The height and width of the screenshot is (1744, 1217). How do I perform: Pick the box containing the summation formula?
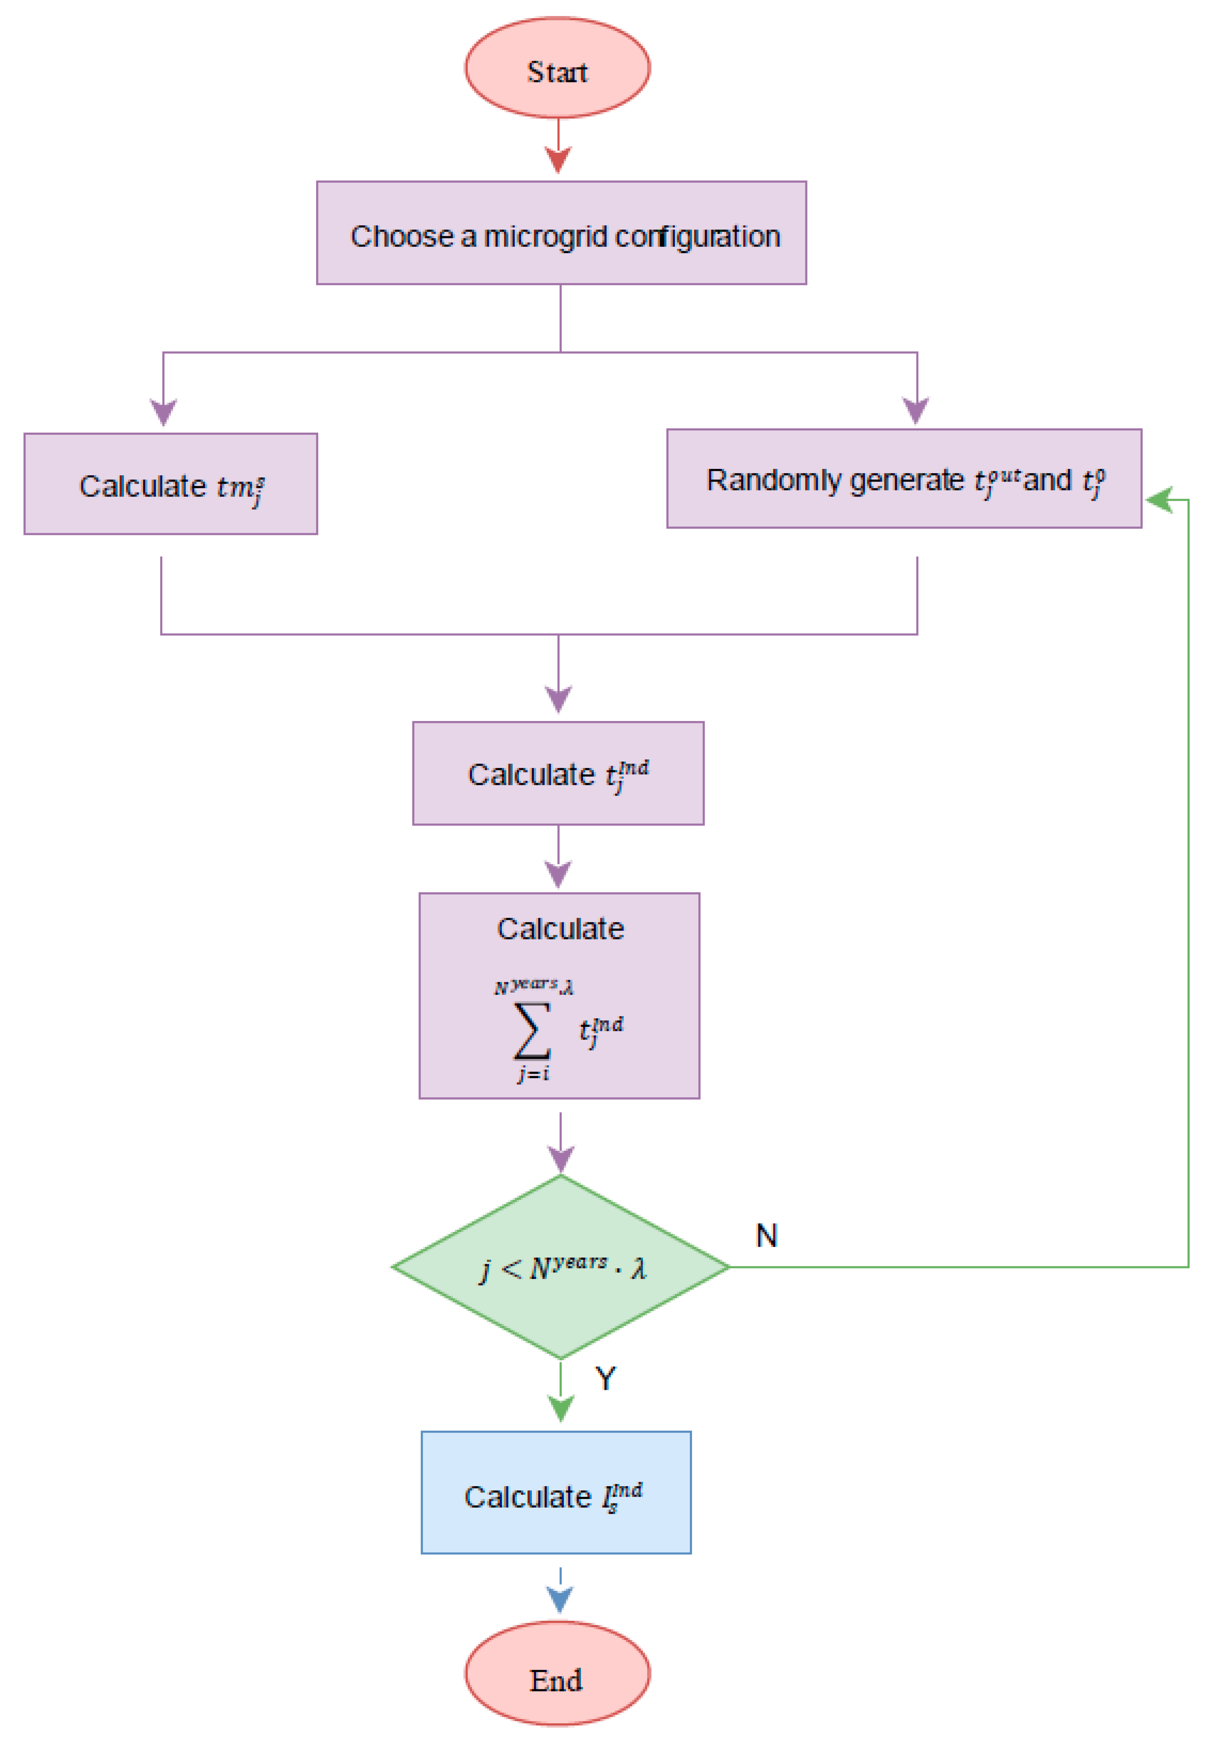pos(559,995)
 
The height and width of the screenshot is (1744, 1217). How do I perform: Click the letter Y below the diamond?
pos(605,1377)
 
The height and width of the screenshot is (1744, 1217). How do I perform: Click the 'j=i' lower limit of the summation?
pos(533,1073)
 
